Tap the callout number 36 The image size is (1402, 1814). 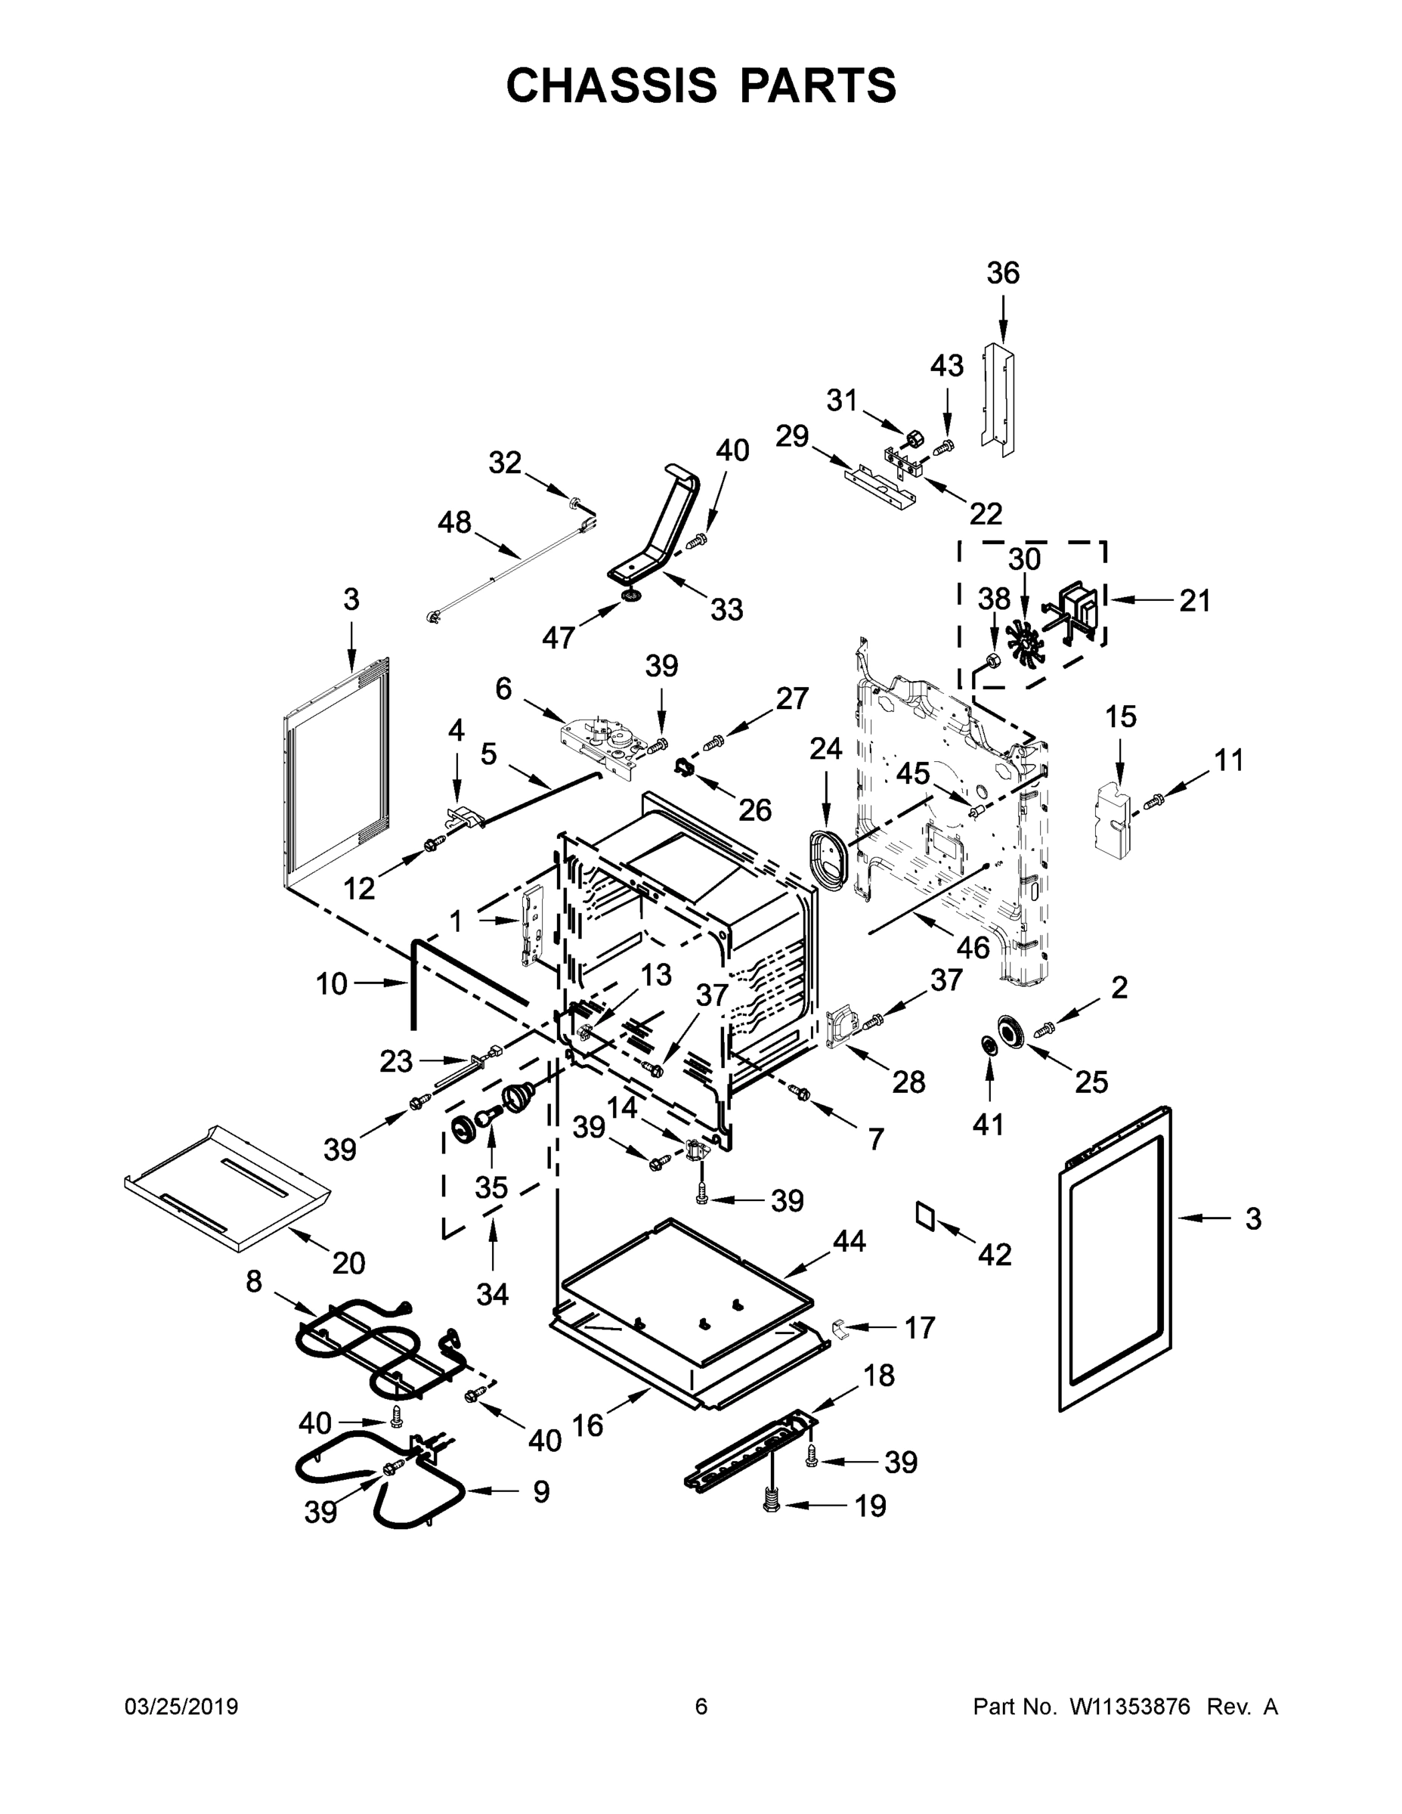coord(1002,274)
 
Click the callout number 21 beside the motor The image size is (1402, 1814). coord(1194,601)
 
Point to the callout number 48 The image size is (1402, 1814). coord(454,522)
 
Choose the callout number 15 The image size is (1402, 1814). coord(1120,716)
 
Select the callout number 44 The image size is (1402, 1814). coord(849,1242)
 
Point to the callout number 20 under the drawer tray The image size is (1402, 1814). coord(348,1262)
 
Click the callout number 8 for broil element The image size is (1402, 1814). coord(254,1282)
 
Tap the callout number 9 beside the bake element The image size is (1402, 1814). coord(540,1492)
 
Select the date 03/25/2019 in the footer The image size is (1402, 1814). coord(181,1707)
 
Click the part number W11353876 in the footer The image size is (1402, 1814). coord(1130,1707)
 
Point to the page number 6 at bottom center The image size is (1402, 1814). coord(701,1707)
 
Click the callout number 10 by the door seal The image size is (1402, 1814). coord(331,984)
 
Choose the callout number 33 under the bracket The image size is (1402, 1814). coord(726,610)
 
